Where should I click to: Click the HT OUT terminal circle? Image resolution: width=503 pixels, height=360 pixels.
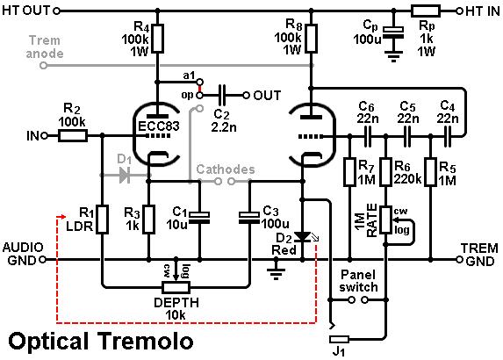[x=56, y=11]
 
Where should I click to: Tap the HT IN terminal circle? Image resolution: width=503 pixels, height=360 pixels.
[x=459, y=11]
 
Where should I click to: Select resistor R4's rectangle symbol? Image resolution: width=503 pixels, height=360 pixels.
[x=157, y=38]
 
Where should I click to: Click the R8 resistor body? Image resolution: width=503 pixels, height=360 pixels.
[x=311, y=38]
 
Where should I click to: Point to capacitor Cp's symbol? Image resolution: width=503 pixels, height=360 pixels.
[x=393, y=33]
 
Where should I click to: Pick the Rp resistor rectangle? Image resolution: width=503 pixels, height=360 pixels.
[x=426, y=11]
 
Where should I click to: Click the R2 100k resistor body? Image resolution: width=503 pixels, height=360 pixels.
[x=73, y=136]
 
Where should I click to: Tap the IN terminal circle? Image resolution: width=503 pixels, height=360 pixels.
[x=45, y=136]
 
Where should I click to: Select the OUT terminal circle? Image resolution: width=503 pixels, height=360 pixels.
[x=246, y=96]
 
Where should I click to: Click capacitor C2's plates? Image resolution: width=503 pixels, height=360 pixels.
[x=222, y=96]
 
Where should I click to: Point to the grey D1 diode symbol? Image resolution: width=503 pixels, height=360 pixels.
[x=125, y=176]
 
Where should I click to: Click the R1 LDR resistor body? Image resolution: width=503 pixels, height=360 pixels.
[x=102, y=220]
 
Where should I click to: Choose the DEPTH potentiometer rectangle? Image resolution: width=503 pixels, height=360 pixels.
[x=176, y=287]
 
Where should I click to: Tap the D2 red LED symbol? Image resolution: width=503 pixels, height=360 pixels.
[x=303, y=237]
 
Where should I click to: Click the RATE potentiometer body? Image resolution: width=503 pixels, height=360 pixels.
[x=386, y=220]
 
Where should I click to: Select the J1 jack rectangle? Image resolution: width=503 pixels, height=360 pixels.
[x=339, y=339]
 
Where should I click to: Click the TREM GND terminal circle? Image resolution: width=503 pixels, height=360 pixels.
[x=459, y=259]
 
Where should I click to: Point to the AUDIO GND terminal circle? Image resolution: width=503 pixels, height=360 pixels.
[x=42, y=259]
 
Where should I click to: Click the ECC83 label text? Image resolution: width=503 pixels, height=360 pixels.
[x=159, y=126]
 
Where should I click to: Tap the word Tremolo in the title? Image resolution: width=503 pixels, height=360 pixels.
[x=146, y=341]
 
